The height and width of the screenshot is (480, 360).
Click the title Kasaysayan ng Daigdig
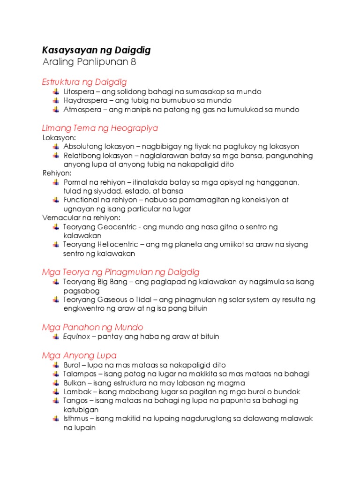96,50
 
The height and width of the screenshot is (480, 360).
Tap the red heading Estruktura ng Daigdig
84,82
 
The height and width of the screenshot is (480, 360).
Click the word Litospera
78,91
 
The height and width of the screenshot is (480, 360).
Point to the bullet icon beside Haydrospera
56,100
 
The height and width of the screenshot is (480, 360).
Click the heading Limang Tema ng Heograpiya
100,127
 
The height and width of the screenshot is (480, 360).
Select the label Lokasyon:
59,137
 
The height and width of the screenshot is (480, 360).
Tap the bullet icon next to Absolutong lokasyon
56,146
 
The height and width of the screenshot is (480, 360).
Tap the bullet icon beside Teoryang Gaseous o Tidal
56,299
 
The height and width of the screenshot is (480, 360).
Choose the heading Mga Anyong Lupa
79,355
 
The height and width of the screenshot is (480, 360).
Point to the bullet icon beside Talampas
56,374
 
